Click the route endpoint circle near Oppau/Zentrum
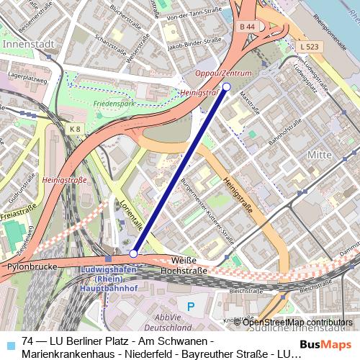click(x=226, y=86)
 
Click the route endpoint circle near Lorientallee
click(x=133, y=253)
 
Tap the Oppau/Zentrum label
click(x=225, y=73)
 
